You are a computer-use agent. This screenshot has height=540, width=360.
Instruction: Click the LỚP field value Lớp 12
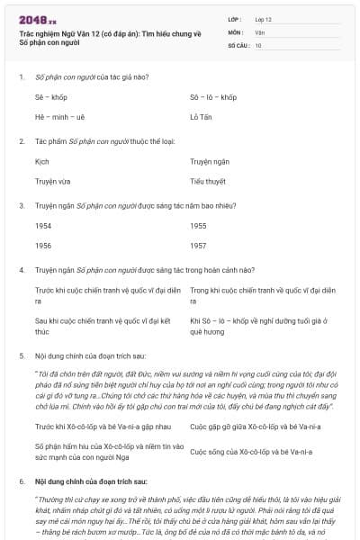(264, 19)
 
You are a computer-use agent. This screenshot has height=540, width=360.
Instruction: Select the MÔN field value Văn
(259, 31)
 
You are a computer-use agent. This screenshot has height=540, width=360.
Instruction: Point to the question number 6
(21, 482)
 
